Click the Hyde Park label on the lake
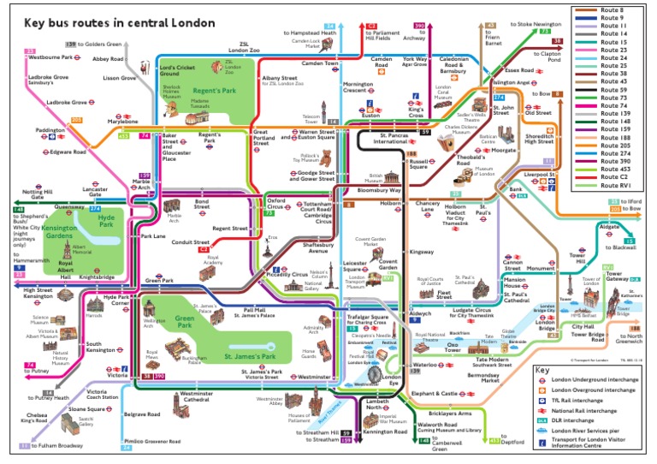[107, 220]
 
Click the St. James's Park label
[249, 355]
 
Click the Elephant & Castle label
[435, 393]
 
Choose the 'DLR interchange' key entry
[588, 419]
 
